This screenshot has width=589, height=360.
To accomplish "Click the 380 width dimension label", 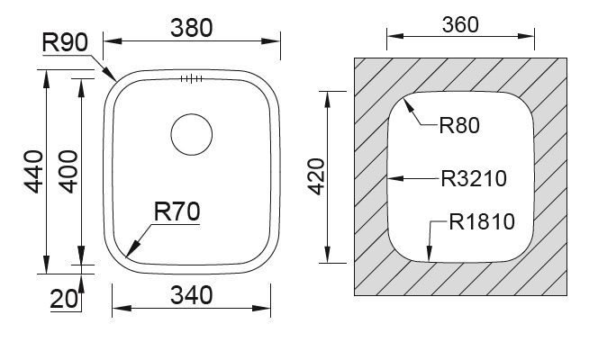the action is pyautogui.click(x=192, y=28).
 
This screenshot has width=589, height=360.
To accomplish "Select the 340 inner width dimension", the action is pyautogui.click(x=192, y=295).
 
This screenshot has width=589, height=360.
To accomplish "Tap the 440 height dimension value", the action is pyautogui.click(x=34, y=172).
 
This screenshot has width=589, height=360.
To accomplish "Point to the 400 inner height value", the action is pyautogui.click(x=68, y=172).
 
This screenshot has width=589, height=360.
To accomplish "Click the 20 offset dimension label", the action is pyautogui.click(x=64, y=299).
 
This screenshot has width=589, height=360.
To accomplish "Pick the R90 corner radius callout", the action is pyautogui.click(x=65, y=42).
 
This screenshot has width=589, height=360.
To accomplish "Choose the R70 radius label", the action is pyautogui.click(x=177, y=211).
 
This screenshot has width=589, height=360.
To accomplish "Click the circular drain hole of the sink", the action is pyautogui.click(x=192, y=134).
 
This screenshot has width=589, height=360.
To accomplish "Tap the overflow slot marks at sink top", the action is pyautogui.click(x=191, y=78).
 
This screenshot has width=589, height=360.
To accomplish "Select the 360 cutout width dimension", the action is pyautogui.click(x=460, y=25).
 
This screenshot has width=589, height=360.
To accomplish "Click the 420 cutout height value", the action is pyautogui.click(x=316, y=176).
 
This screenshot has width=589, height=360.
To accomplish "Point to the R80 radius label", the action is pyautogui.click(x=459, y=125).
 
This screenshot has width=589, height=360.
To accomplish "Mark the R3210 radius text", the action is pyautogui.click(x=474, y=179).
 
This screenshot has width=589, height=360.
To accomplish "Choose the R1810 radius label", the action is pyautogui.click(x=482, y=221).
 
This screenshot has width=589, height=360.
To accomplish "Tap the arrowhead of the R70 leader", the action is pyautogui.click(x=132, y=248).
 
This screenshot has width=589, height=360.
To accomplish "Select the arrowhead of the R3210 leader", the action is pyautogui.click(x=396, y=178).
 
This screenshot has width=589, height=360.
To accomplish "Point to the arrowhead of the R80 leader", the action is pyautogui.click(x=408, y=105).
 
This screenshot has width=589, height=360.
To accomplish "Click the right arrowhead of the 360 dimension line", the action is pyautogui.click(x=526, y=36).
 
